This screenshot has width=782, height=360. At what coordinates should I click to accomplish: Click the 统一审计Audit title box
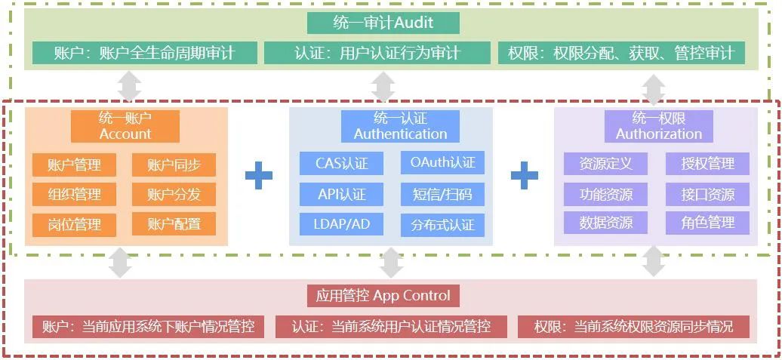[383, 23]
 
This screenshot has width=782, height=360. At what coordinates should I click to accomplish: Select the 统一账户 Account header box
[125, 126]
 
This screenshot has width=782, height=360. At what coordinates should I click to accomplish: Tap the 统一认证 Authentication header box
[400, 126]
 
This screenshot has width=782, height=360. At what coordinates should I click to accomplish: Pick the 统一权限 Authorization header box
[659, 126]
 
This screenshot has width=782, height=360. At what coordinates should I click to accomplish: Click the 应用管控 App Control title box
[383, 295]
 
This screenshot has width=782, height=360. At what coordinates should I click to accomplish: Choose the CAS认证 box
[342, 163]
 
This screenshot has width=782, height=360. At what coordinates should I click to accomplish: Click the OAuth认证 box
[443, 163]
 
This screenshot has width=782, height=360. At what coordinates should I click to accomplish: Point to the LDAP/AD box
[342, 224]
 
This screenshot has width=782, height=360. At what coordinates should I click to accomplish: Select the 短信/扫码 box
[443, 194]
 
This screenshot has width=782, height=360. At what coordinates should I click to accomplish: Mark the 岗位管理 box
[74, 225]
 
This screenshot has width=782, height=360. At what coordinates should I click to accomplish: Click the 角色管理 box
[707, 223]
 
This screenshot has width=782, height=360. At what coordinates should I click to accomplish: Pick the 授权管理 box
[707, 163]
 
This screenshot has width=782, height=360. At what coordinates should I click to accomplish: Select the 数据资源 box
[606, 223]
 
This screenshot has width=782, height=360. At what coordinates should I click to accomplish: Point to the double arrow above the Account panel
[130, 86]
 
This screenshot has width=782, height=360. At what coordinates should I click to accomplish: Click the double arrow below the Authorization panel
[654, 261]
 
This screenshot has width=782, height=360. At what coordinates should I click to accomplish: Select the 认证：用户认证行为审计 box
[377, 53]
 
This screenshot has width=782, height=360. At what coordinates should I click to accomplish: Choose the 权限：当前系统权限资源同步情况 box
[634, 327]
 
